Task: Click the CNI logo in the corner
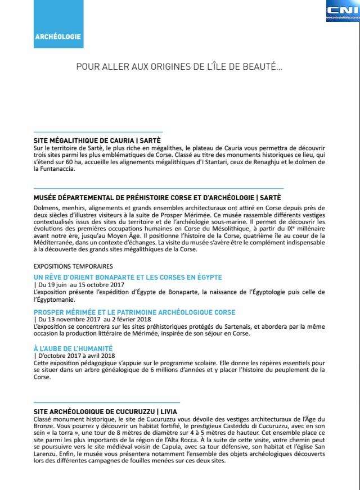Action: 343,11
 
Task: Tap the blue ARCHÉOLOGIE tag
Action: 58,37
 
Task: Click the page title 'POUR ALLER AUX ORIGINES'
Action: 179,67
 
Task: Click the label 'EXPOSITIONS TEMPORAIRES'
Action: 73,266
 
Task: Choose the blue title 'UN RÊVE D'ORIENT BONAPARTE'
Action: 128,277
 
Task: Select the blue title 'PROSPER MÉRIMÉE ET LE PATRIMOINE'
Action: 134,312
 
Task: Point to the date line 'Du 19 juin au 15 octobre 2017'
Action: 79,285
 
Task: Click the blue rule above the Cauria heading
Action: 98,132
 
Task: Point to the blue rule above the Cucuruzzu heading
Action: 107,403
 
